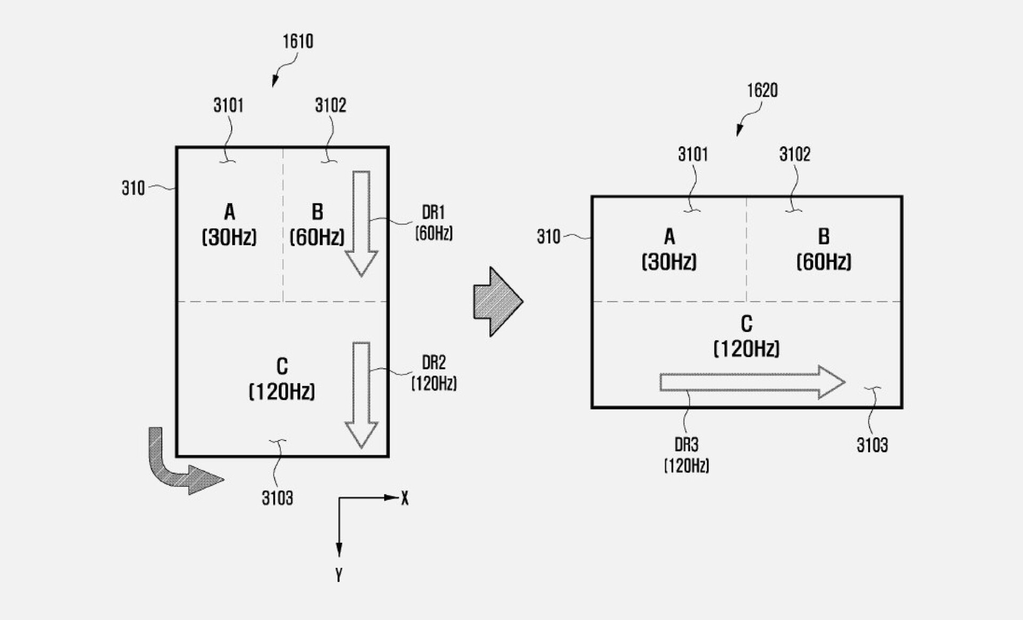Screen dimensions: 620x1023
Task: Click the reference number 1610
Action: (298, 42)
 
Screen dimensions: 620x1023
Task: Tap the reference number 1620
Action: (762, 91)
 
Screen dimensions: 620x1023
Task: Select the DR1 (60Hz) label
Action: (434, 223)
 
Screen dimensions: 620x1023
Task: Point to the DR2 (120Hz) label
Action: (434, 373)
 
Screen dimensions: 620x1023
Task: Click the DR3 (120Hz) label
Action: (686, 455)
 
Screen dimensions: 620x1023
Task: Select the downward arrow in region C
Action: (361, 394)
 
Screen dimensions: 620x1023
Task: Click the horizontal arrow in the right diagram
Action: (751, 382)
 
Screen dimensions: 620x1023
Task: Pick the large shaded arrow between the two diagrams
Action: (497, 301)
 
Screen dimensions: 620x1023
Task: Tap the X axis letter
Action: (405, 499)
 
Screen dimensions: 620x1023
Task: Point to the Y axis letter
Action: (339, 575)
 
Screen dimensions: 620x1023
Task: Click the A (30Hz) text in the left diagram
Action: (229, 224)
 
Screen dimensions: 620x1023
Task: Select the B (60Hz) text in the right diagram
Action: (824, 249)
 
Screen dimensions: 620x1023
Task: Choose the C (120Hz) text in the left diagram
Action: (282, 379)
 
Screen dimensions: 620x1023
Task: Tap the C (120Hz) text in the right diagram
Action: (746, 336)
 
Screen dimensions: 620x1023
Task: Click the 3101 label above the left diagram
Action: (229, 105)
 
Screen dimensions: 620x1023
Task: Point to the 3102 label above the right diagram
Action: (794, 154)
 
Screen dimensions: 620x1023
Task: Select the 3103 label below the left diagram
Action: (277, 498)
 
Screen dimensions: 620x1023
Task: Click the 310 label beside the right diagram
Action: (548, 236)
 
